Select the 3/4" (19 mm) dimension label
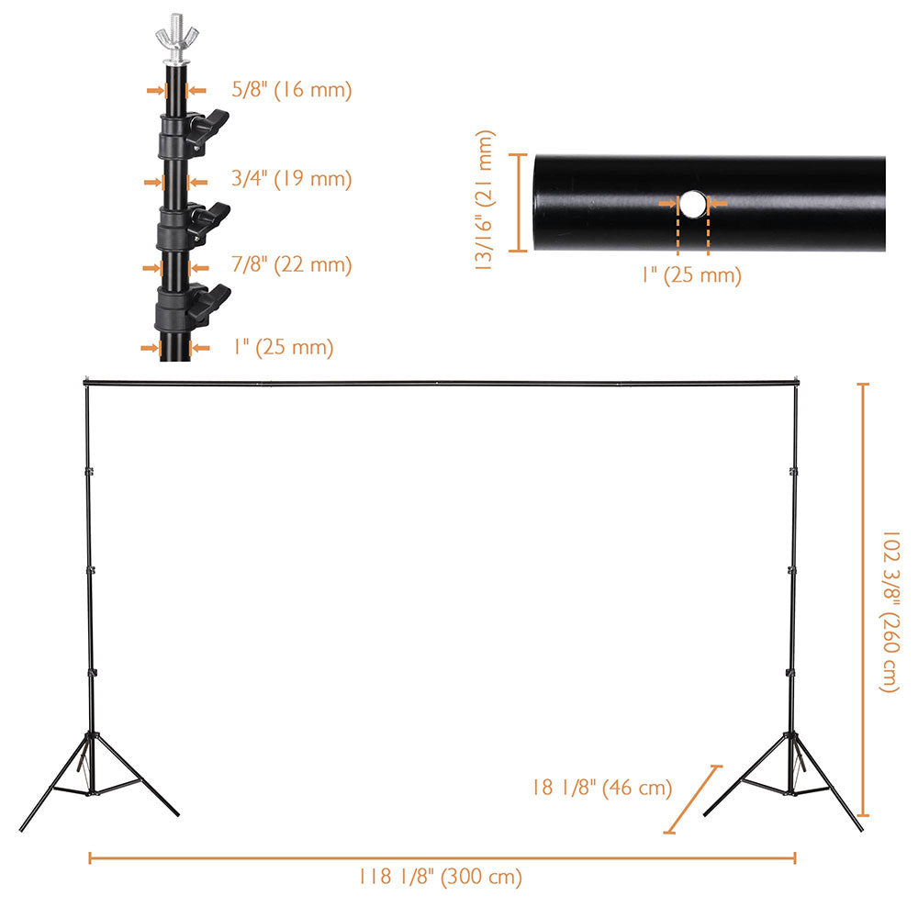tap(291, 178)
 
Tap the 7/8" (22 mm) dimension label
tap(291, 265)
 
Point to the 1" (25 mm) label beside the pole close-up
tap(282, 347)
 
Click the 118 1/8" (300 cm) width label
tap(441, 877)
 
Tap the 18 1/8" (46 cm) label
tap(601, 788)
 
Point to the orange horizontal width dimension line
tap(441, 857)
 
